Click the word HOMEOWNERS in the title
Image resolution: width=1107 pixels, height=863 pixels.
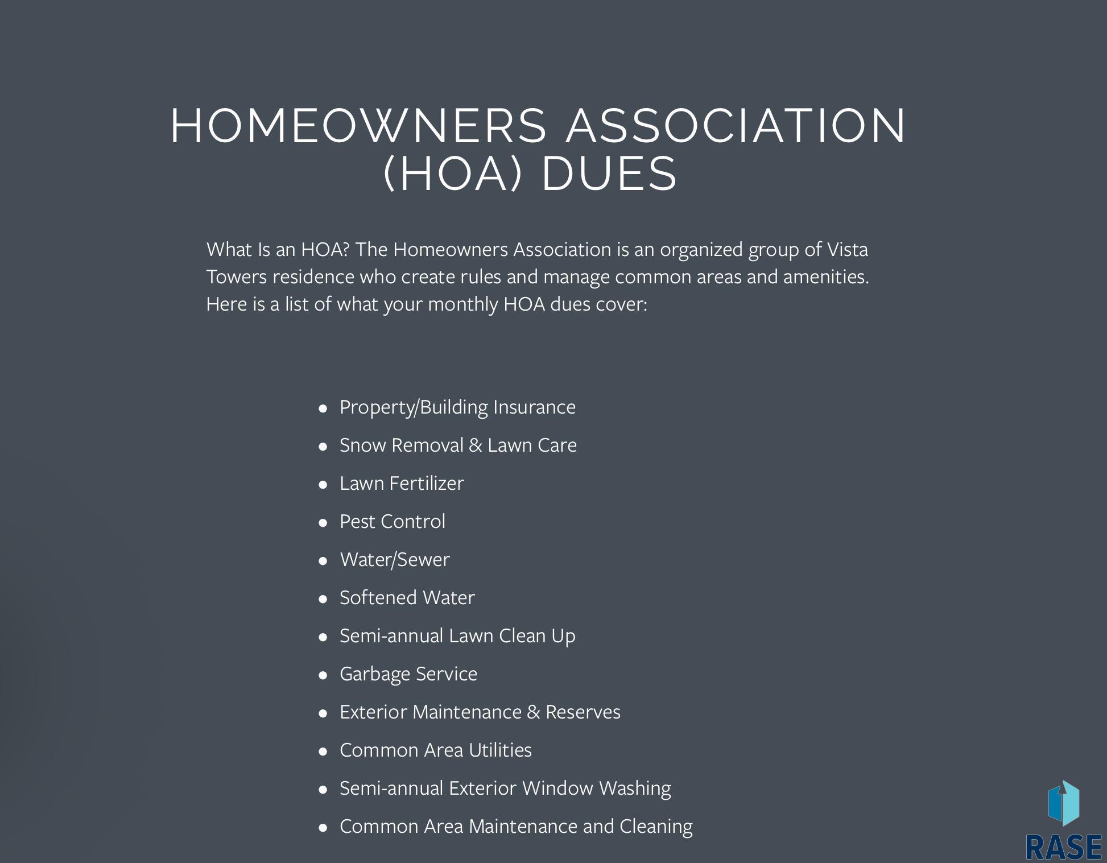click(358, 126)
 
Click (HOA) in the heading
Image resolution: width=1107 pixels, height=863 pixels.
click(453, 174)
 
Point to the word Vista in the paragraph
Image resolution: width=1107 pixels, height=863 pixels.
click(847, 249)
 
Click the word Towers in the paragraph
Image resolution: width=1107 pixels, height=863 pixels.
click(236, 276)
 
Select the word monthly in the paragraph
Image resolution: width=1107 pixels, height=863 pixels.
click(462, 304)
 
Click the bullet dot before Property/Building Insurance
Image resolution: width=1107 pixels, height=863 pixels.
click(323, 408)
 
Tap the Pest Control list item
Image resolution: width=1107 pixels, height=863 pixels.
click(393, 521)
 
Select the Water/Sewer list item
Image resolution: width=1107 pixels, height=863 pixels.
click(395, 559)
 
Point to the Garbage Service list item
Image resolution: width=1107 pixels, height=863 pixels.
click(408, 674)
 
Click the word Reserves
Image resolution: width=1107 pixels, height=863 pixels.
click(583, 712)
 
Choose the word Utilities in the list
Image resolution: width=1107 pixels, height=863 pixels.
click(500, 750)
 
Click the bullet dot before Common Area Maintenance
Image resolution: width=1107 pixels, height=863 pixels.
click(323, 827)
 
